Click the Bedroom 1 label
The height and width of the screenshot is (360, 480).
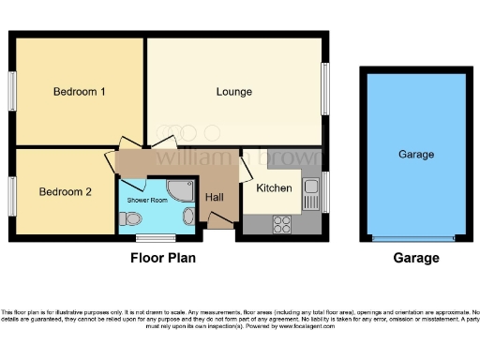[79, 92]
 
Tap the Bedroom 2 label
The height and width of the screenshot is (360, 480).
[66, 191]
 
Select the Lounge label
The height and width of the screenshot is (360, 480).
[234, 92]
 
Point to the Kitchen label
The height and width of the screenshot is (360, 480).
[274, 188]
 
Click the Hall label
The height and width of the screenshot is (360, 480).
[215, 197]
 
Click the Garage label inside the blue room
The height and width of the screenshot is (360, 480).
[415, 154]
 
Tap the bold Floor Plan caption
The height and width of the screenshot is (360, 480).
[164, 258]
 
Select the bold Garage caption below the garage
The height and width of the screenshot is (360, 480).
[415, 258]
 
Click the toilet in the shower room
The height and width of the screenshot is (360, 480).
[131, 219]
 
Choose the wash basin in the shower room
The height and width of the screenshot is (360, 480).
[188, 217]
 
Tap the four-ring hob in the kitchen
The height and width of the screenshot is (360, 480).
[280, 222]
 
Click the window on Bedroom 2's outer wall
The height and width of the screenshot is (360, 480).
[13, 194]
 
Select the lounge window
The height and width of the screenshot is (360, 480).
[326, 91]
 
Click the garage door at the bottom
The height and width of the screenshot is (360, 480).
[415, 237]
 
